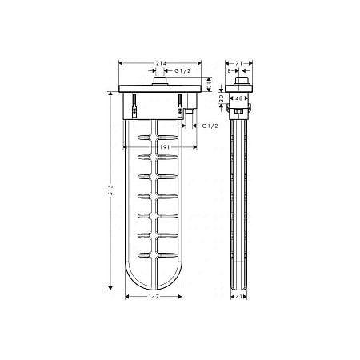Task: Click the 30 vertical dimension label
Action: click(222, 95)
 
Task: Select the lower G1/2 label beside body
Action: click(210, 126)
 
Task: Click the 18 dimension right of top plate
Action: click(208, 82)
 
